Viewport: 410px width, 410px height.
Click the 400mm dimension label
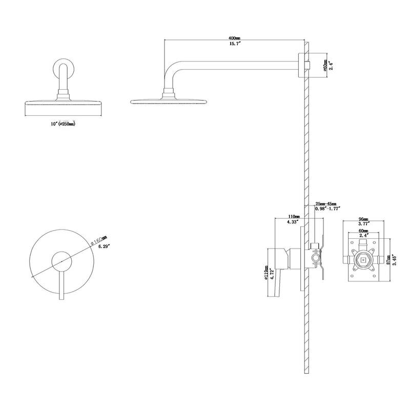tap(235, 38)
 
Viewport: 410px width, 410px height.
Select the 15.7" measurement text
tap(235, 45)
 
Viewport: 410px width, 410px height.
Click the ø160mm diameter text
tap(97, 240)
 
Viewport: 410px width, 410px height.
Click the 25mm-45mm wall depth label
tap(326, 203)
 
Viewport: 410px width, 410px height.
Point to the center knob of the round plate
tap(62, 261)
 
